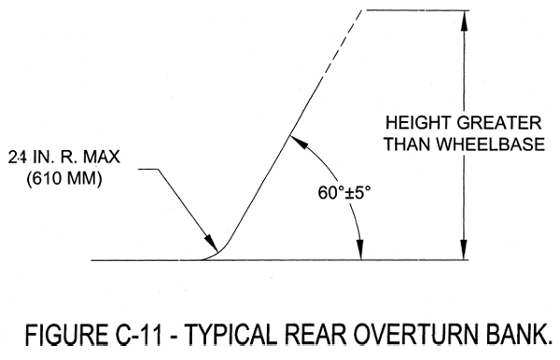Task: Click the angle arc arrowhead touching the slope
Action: coord(294,140)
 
